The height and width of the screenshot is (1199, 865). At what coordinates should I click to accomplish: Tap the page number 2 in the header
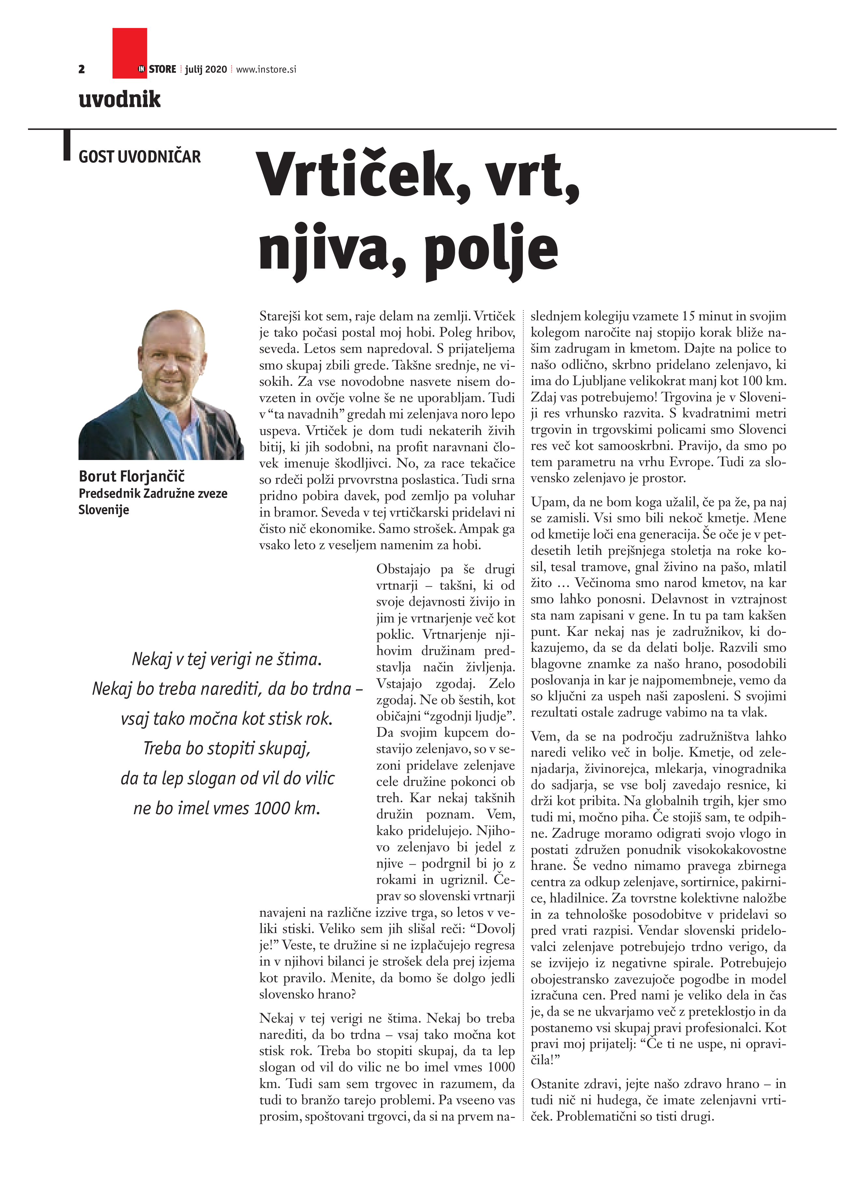click(81, 69)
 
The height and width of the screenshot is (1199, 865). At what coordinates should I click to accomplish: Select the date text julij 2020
click(206, 69)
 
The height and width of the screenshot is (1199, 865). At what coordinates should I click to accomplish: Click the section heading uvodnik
click(120, 99)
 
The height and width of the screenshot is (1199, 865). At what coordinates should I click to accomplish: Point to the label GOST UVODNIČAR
click(140, 157)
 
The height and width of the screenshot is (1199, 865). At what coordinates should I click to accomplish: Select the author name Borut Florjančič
click(132, 476)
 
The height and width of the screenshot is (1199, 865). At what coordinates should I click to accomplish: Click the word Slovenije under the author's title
click(104, 510)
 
